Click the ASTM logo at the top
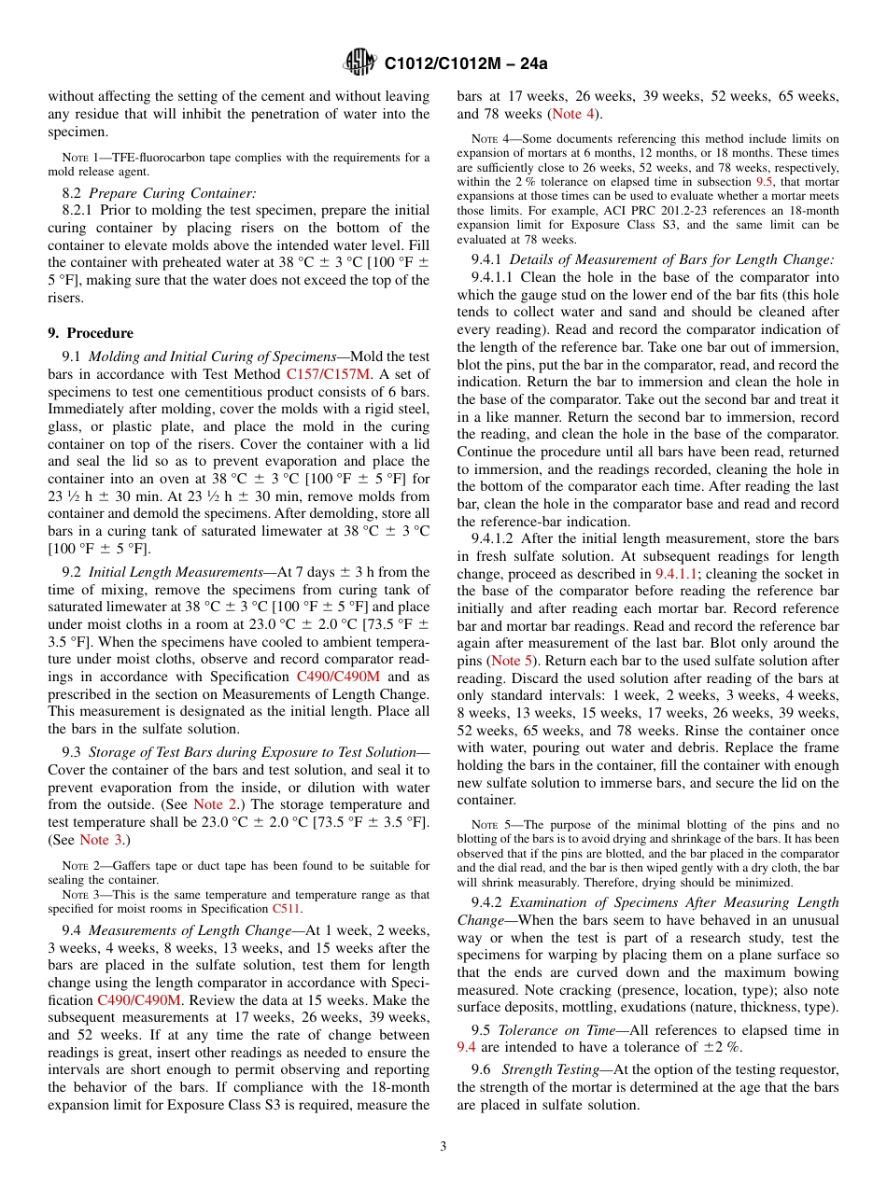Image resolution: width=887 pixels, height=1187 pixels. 360,63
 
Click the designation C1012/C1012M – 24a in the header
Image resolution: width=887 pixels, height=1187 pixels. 465,63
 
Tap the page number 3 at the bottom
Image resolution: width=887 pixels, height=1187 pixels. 443,1146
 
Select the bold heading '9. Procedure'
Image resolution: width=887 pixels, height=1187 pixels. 91,333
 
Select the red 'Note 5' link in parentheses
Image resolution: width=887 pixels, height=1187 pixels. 508,661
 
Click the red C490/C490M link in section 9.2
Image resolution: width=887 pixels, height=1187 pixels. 337,677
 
